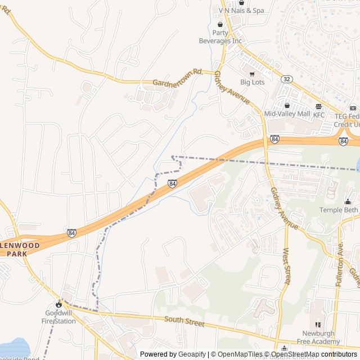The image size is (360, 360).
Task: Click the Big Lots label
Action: (x=252, y=82)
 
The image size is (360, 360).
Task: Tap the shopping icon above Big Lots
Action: (x=251, y=73)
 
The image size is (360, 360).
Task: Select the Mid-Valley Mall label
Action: (x=287, y=114)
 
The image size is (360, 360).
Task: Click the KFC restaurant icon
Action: (x=319, y=106)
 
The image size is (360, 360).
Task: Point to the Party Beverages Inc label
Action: (x=220, y=37)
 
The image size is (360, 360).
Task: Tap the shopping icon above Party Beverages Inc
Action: (x=220, y=24)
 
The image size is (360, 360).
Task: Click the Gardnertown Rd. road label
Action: (x=177, y=77)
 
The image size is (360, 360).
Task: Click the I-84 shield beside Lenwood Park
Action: (x=71, y=232)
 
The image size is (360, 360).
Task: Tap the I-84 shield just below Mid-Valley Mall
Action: (x=274, y=139)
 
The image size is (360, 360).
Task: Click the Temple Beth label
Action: (x=339, y=210)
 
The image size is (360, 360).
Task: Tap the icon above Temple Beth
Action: (x=348, y=201)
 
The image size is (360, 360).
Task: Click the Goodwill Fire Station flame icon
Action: (x=58, y=304)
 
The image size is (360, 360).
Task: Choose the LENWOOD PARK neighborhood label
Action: (x=20, y=250)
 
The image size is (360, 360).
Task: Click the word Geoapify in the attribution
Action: (x=193, y=354)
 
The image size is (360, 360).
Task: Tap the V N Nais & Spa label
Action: (x=241, y=11)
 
